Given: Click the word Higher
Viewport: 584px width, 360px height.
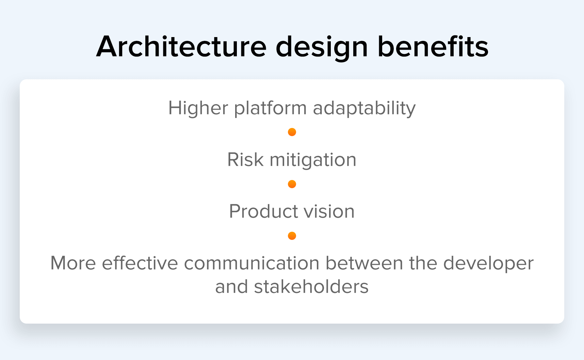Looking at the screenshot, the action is tap(198, 109).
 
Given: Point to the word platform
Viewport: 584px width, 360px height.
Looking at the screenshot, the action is tap(271, 109).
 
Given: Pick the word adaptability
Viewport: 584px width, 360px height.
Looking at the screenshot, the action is tap(364, 109).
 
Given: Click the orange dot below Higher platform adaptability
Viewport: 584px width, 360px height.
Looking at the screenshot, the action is tap(292, 132).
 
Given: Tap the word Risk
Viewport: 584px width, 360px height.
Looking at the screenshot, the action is tap(245, 160).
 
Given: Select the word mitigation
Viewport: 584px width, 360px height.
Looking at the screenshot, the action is tap(313, 160).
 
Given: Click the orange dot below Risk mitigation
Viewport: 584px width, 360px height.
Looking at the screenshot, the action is tap(292, 184).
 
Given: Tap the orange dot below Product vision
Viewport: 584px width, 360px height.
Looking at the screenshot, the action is tap(292, 236).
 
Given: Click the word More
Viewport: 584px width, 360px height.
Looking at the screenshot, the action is tap(73, 263).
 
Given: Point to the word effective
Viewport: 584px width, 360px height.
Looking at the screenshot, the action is tap(140, 263).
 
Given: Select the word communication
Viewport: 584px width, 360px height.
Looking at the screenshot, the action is tap(252, 263).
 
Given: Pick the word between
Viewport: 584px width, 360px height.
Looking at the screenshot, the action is tap(364, 263).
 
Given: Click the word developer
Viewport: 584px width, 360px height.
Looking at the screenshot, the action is tap(488, 264).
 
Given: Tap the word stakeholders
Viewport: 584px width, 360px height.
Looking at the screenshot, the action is tap(311, 287).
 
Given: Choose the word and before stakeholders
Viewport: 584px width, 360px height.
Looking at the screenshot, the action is tap(231, 287).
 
